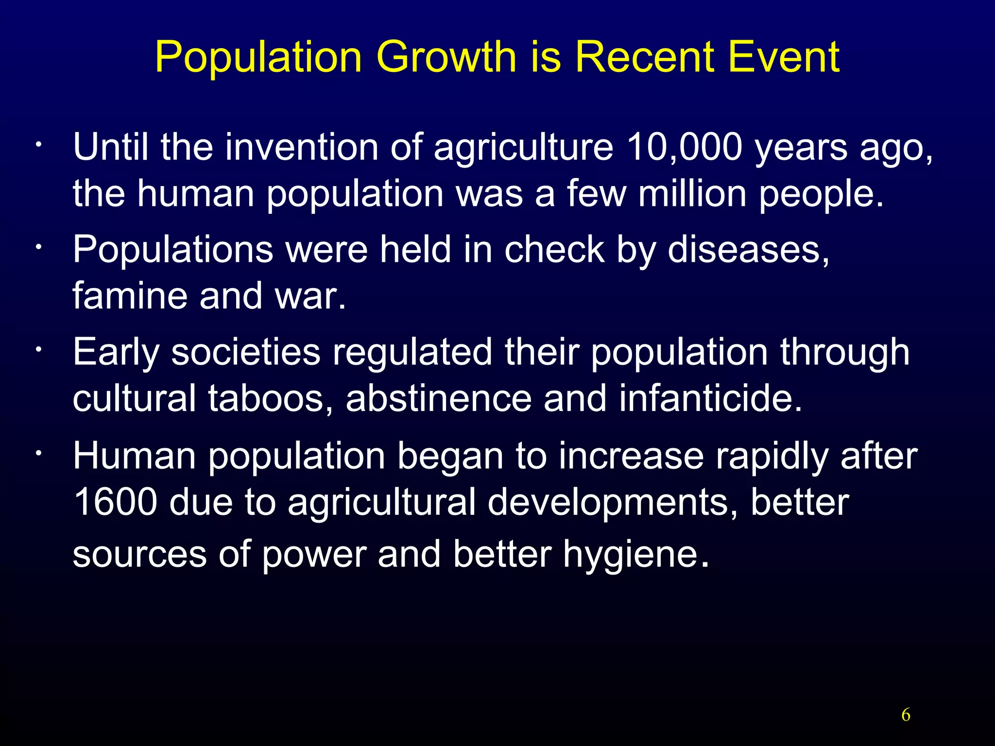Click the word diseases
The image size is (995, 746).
point(748,250)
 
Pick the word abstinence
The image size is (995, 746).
point(439,398)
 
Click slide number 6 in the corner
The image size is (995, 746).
point(906,715)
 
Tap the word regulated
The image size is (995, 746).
point(412,352)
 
